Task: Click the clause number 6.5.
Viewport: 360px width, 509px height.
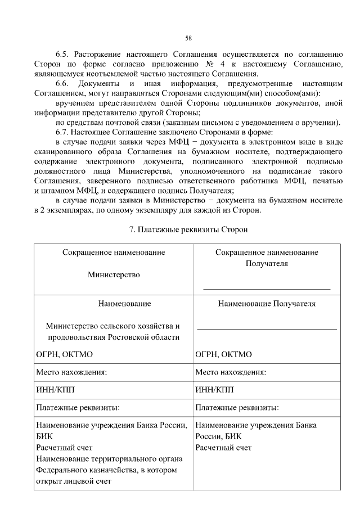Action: pos(62,55)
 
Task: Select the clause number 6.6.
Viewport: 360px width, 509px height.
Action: pos(62,84)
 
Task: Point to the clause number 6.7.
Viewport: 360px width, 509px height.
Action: pos(62,132)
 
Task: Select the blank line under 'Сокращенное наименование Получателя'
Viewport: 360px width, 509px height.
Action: pos(267,288)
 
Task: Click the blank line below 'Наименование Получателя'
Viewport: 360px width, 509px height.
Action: pos(267,328)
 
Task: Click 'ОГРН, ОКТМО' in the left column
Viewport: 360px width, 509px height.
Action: pos(64,354)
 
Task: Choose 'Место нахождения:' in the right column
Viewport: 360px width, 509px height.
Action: pos(231,372)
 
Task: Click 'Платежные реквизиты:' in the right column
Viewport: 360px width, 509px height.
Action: pos(237,408)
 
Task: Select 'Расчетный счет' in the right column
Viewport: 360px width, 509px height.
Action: pos(223,448)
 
